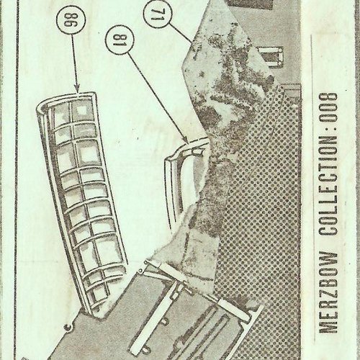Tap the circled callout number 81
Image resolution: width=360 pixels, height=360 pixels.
(120, 39)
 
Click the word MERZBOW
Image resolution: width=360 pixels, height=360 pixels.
(328, 292)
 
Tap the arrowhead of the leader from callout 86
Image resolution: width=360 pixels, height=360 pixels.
(77, 89)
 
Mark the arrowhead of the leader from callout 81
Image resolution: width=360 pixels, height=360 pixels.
(185, 140)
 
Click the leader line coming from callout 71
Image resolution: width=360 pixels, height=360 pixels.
(181, 32)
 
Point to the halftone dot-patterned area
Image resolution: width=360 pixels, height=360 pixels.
(259, 216)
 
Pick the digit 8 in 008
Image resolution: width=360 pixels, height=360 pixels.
(328, 98)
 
